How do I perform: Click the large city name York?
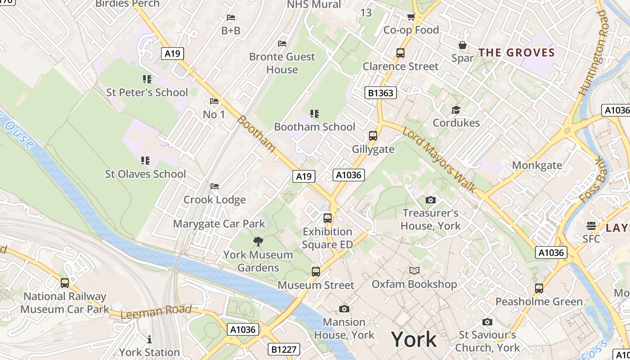[x=414, y=339]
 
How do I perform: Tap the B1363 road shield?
[x=381, y=93]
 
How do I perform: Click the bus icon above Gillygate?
[x=373, y=135]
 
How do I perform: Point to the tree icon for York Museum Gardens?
[x=258, y=242]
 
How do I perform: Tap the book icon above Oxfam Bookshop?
[x=414, y=270]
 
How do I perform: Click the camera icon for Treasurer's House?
[x=430, y=200]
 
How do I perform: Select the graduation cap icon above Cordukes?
[x=456, y=110]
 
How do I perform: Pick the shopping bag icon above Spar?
[x=462, y=45]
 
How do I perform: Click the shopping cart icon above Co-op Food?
[x=411, y=17]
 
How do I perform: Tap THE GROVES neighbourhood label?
[x=517, y=52]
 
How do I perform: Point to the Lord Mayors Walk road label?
[x=439, y=160]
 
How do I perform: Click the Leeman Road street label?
[x=156, y=311]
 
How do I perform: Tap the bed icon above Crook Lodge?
[x=215, y=186]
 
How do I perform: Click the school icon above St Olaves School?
[x=145, y=160]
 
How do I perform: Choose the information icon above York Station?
[x=149, y=339]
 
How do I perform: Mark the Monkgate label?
[x=537, y=165]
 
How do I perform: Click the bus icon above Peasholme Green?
[x=539, y=288]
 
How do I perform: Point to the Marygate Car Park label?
[x=219, y=224]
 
